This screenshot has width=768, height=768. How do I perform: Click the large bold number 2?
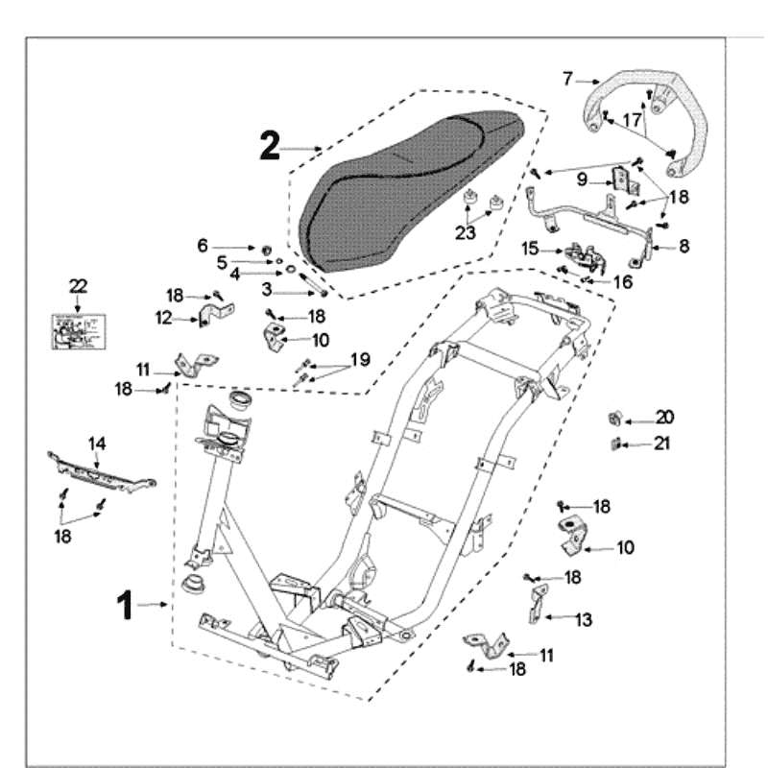tap(270, 146)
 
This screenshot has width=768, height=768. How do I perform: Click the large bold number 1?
tap(124, 605)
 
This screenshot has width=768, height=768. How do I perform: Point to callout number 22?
tap(78, 285)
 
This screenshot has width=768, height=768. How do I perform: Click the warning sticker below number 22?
tap(77, 330)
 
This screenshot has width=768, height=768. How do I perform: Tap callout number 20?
tap(664, 417)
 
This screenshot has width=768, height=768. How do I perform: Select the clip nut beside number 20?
tap(618, 418)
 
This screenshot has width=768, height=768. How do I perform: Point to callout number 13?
tap(583, 620)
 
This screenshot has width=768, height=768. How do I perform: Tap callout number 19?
tap(359, 359)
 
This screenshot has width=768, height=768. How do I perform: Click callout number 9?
tap(582, 179)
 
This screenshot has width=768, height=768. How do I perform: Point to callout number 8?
tap(684, 246)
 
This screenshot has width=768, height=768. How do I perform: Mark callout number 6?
tap(203, 247)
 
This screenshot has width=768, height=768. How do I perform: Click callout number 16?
tap(623, 281)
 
